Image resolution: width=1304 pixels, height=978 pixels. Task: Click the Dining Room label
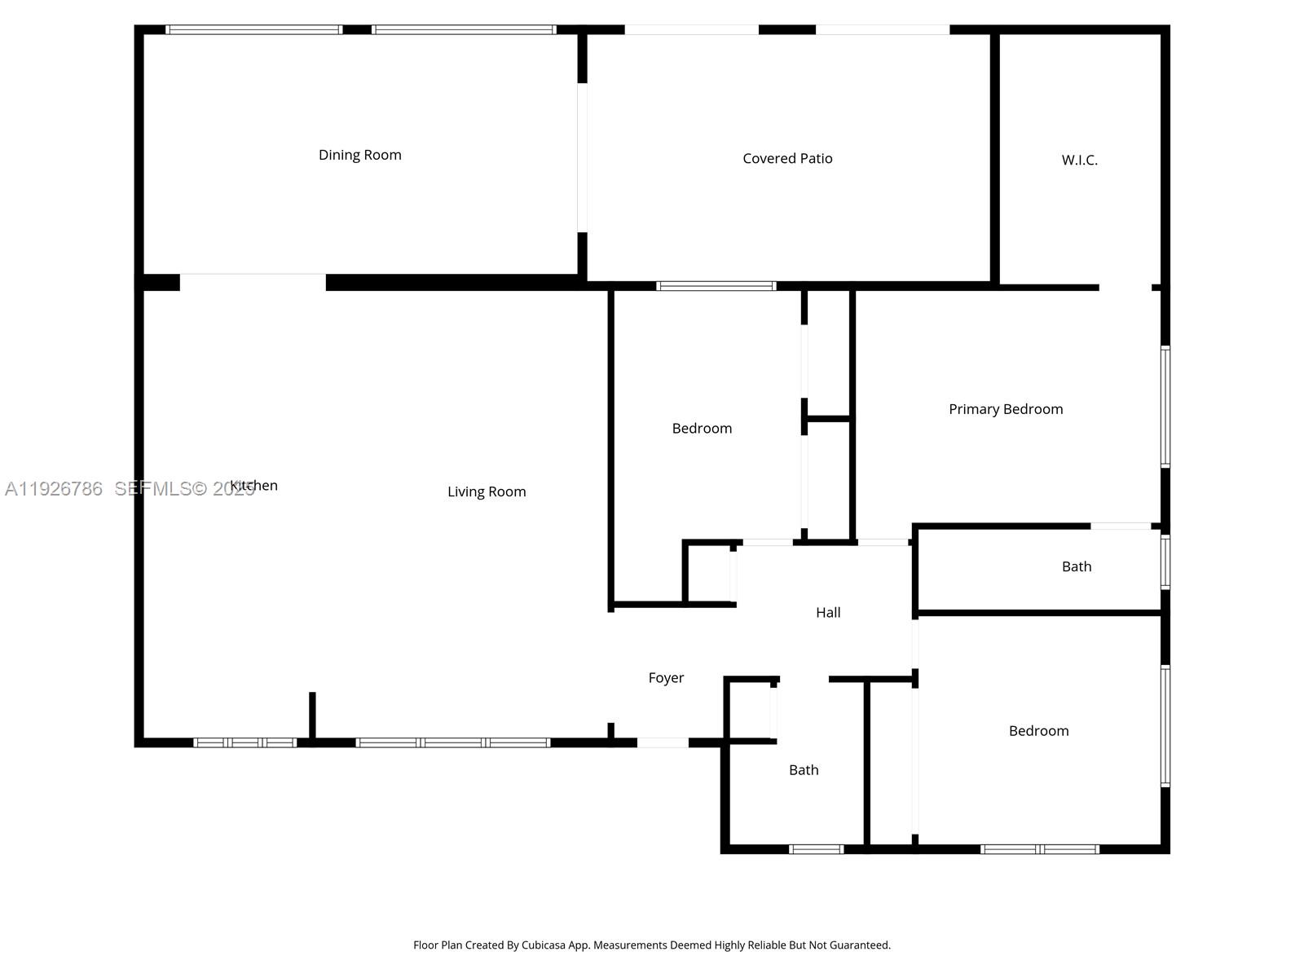[x=359, y=155]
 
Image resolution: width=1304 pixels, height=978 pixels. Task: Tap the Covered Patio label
[x=787, y=159]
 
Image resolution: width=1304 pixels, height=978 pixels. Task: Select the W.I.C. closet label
[x=1079, y=161]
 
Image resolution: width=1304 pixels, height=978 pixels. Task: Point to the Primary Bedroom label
[x=1006, y=409]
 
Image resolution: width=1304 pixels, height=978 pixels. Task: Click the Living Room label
[x=487, y=491]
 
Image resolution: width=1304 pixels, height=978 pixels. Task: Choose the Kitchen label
[x=254, y=486]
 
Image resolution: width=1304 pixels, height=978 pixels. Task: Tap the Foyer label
[x=666, y=678]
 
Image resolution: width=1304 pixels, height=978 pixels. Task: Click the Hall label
[x=828, y=613]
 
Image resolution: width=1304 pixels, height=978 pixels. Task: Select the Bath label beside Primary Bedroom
[x=1076, y=566]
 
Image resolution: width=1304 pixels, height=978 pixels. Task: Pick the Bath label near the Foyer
[x=804, y=770]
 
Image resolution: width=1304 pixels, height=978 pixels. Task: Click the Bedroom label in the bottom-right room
[x=1038, y=731]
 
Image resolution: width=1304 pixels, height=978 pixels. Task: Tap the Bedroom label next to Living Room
[x=702, y=429]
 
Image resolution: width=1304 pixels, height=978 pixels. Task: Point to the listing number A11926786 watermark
[x=54, y=489]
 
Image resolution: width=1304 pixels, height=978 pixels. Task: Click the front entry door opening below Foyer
[x=663, y=742]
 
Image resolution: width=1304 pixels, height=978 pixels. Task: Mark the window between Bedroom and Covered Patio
[x=716, y=286]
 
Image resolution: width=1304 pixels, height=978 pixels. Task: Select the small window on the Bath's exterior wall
[x=1165, y=562]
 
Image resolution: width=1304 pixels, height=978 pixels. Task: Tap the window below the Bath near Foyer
[x=816, y=849]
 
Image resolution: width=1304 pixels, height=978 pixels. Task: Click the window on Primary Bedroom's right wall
[x=1165, y=407]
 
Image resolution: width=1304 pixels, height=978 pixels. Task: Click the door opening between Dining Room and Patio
[x=582, y=157]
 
